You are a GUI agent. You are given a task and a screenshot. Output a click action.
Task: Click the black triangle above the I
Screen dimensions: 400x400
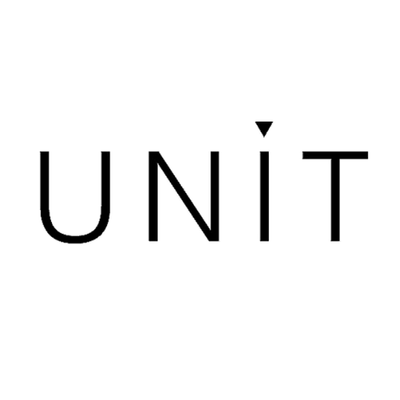pyautogui.click(x=264, y=127)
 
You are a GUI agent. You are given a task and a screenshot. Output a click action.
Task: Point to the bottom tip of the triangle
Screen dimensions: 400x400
pyautogui.click(x=264, y=137)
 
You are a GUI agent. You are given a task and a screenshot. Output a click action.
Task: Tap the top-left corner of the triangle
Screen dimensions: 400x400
pyautogui.click(x=255, y=122)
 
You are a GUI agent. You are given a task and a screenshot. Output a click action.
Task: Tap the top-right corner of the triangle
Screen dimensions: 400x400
pyautogui.click(x=273, y=122)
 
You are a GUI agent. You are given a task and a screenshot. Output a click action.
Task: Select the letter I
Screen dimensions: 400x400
pyautogui.click(x=264, y=196)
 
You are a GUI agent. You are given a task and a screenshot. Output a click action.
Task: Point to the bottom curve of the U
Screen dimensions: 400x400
pyautogui.click(x=75, y=239)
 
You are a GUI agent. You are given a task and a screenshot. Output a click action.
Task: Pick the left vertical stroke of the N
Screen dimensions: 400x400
pyautogui.click(x=154, y=196)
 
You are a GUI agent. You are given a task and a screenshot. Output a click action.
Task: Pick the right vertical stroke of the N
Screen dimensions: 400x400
pyautogui.click(x=214, y=196)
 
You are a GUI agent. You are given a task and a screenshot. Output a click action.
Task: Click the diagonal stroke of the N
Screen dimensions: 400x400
pyautogui.click(x=184, y=196)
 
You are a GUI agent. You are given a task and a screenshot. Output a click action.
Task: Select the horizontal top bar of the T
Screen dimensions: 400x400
pyautogui.click(x=335, y=155)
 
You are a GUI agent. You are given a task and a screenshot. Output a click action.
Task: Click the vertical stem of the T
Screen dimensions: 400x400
pyautogui.click(x=335, y=200)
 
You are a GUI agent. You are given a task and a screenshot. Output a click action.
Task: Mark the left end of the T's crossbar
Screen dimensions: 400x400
pyautogui.click(x=303, y=155)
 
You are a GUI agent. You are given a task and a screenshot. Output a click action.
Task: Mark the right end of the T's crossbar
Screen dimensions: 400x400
pyautogui.click(x=367, y=155)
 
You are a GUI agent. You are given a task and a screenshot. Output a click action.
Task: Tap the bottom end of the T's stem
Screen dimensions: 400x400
pyautogui.click(x=335, y=241)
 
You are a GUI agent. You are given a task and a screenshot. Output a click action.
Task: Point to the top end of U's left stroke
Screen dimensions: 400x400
pyautogui.click(x=45, y=152)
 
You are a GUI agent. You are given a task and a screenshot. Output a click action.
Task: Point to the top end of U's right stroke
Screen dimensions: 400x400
pyautogui.click(x=106, y=152)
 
